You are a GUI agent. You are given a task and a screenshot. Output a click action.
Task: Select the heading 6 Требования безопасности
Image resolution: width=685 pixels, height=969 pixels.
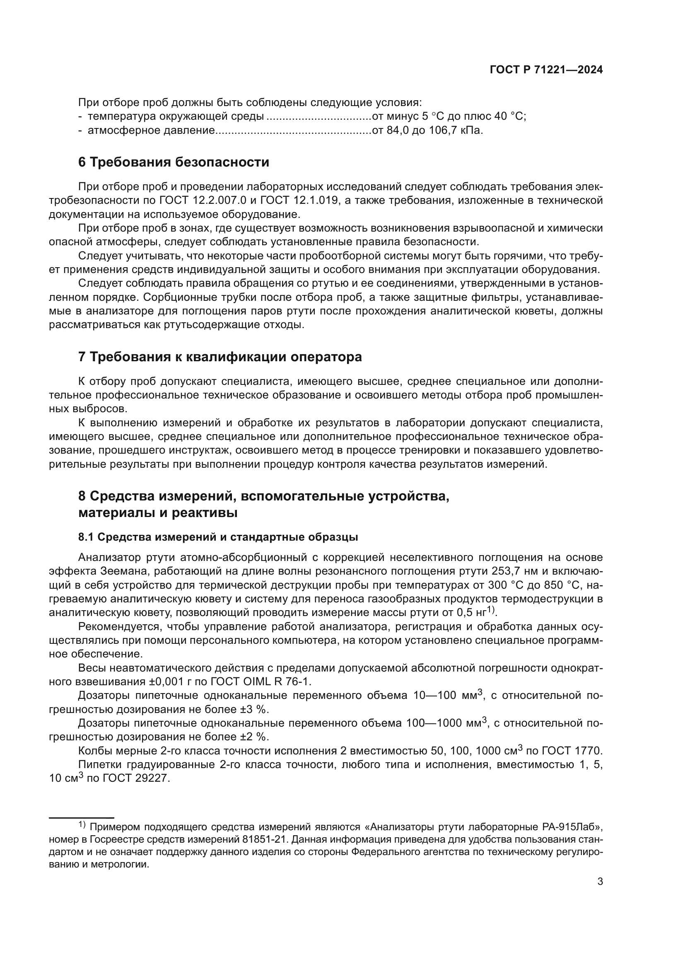(x=174, y=162)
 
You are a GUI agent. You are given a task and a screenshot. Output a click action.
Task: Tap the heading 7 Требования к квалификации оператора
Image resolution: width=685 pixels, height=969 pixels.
(x=220, y=357)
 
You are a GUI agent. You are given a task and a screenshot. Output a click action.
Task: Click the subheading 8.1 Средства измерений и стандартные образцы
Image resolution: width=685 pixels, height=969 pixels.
(x=218, y=537)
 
